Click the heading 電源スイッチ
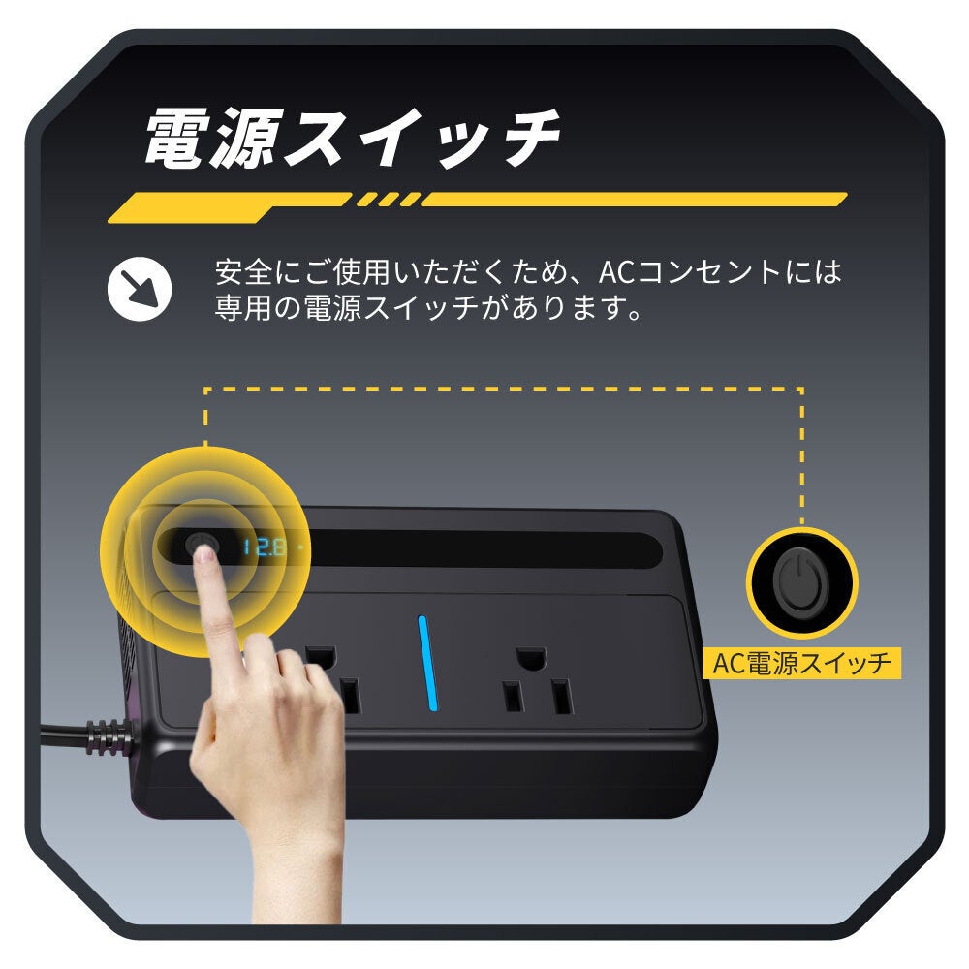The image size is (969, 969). (353, 138)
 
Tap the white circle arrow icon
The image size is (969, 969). (139, 289)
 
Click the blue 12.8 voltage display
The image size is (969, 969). (264, 547)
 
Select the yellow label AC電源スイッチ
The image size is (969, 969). (801, 663)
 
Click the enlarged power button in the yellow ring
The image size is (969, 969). (801, 583)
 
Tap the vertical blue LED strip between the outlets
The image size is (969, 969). (427, 663)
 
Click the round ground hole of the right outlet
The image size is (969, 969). (531, 659)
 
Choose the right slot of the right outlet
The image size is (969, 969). (561, 697)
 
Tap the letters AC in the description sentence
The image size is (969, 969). (616, 272)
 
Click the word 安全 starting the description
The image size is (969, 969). (243, 272)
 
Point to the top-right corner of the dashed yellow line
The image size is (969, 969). (801, 390)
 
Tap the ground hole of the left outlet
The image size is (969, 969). (322, 658)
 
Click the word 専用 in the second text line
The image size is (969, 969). (243, 307)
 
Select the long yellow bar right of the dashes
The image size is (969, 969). (634, 199)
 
